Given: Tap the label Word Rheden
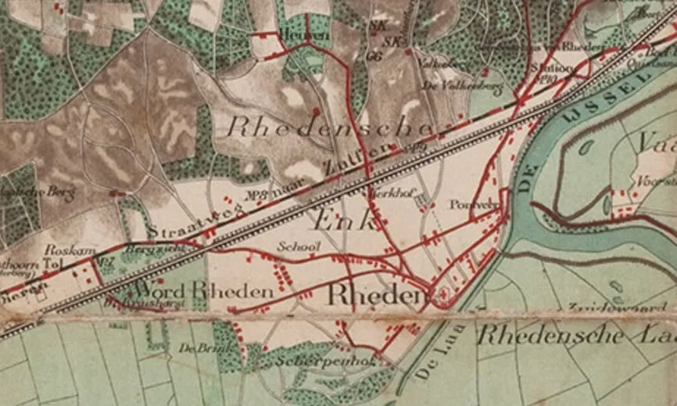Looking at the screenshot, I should pos(216,290).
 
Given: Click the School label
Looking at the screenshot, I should pos(299,246).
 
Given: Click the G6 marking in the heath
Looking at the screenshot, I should pos(373,56).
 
